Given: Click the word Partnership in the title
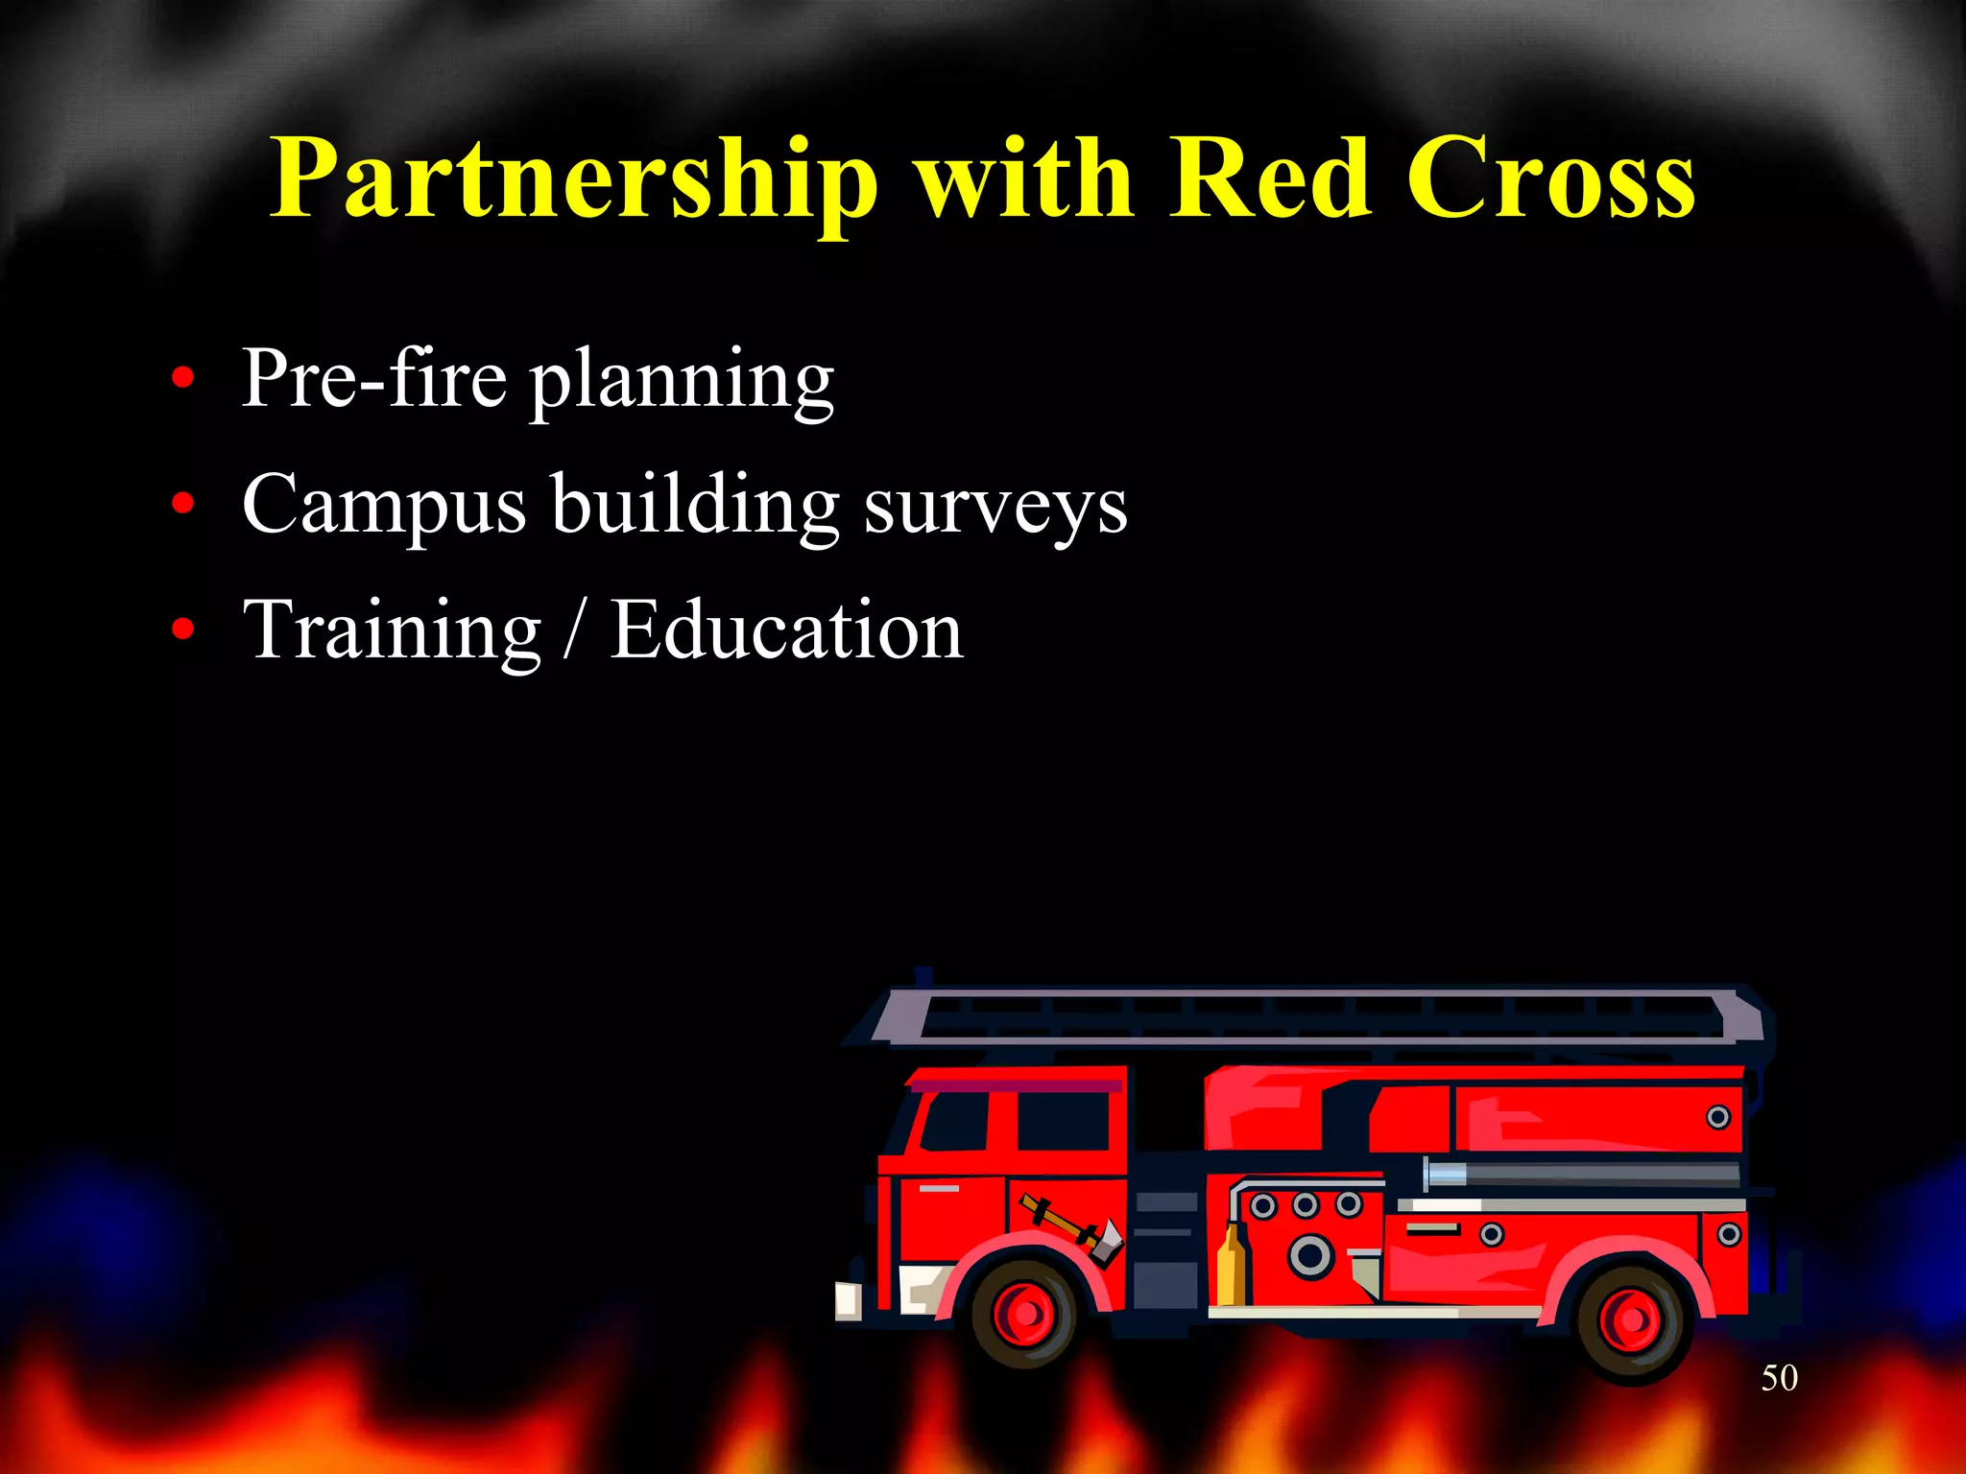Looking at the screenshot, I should pos(573,179).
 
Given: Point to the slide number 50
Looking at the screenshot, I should pos(1779,1378).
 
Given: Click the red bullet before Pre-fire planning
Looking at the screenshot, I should pos(182,379).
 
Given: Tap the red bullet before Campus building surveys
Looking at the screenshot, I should pos(182,504).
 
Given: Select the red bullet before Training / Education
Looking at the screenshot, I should pos(182,630).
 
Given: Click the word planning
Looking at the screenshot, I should pos(683,381).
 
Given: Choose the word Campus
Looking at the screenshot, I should pos(384,506).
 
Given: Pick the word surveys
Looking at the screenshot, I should pos(995,506).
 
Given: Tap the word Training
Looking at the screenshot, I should pos(393,631).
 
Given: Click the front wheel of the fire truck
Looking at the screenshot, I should pos(1024,1314).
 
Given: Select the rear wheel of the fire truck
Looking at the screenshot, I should pos(1629,1320).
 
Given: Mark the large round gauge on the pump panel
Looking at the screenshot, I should pos(1310,1255).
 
